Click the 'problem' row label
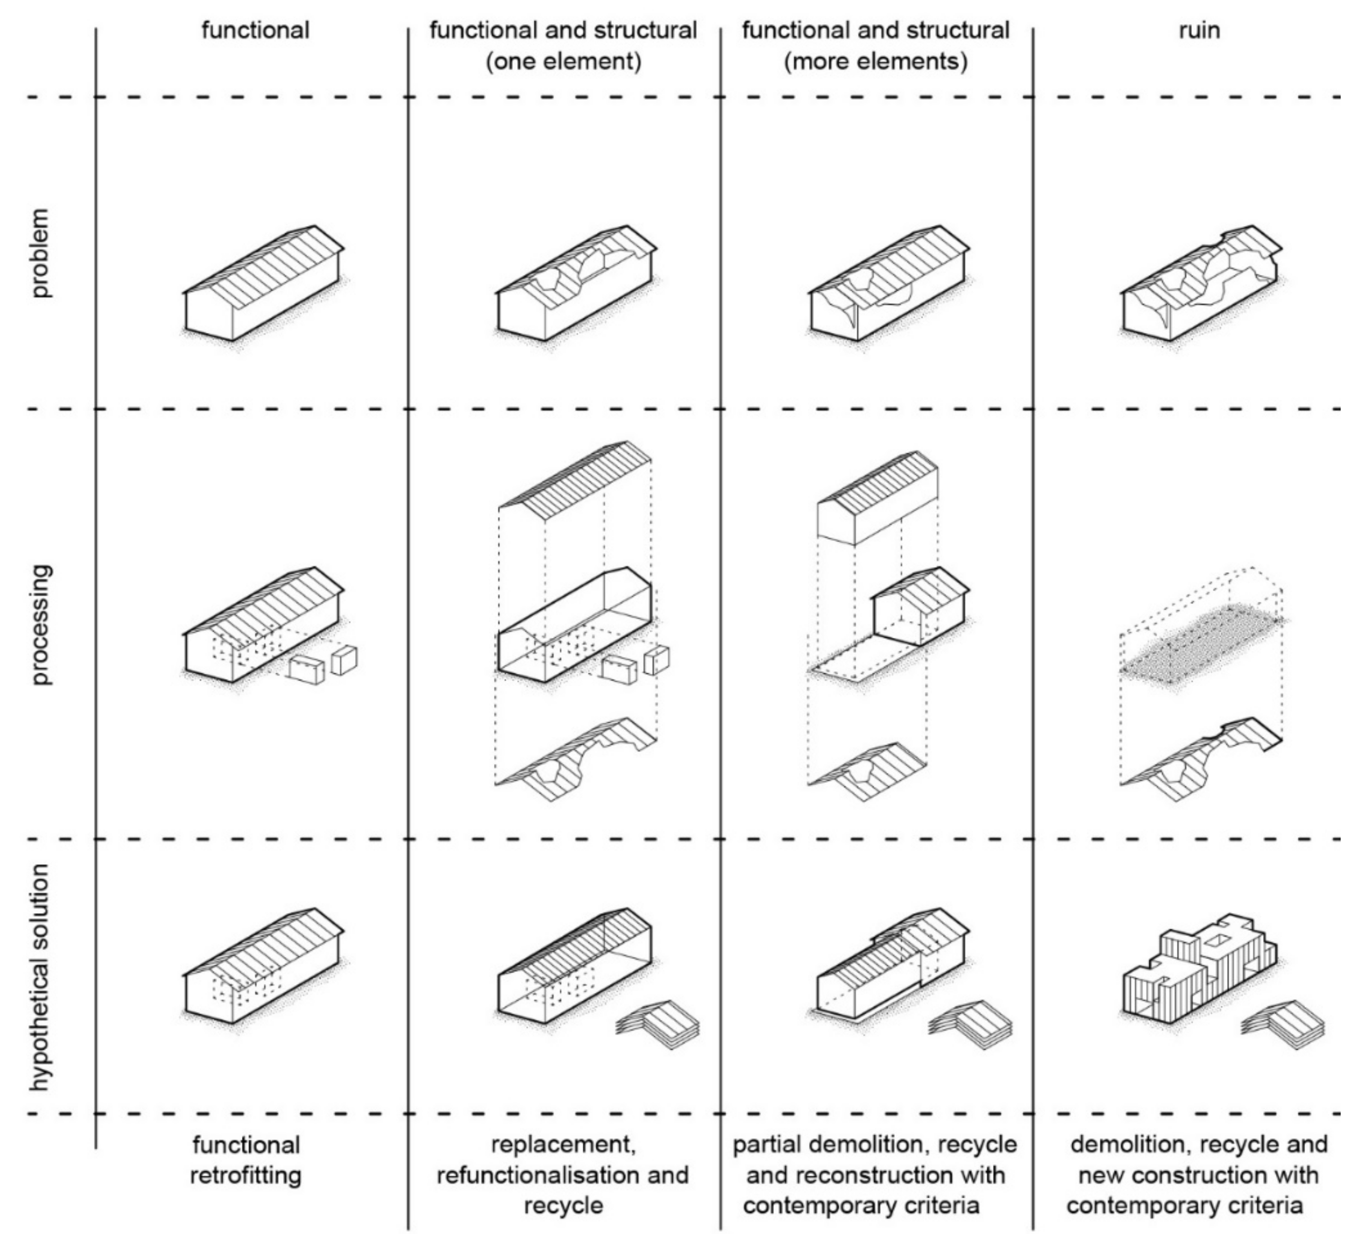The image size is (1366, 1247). (41, 253)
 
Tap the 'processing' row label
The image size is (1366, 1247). (41, 624)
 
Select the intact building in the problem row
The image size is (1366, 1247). (263, 285)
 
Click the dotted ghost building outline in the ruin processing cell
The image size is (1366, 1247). (1199, 630)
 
